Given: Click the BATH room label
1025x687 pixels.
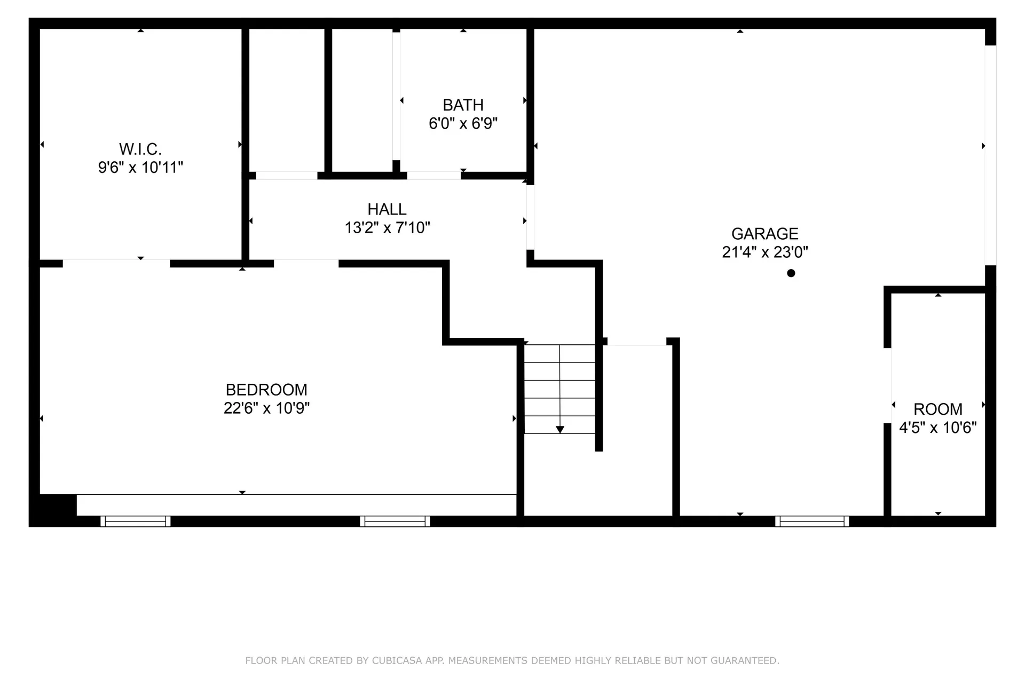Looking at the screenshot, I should tap(463, 105).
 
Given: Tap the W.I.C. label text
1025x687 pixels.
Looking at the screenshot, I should tap(140, 149).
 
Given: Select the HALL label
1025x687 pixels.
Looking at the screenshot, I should tap(387, 209).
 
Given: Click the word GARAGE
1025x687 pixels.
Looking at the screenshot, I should tap(764, 234).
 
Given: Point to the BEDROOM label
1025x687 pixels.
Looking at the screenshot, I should tap(266, 390).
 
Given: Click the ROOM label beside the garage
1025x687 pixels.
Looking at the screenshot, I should tap(938, 409).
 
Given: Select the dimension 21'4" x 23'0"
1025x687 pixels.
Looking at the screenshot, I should tap(764, 252).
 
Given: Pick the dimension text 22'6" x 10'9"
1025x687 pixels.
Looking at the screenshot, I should tap(266, 408).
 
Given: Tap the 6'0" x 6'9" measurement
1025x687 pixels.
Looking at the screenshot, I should tap(463, 124).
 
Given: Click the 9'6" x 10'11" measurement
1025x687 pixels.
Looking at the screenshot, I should tap(140, 168).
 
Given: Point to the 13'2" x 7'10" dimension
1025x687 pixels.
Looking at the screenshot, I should tap(387, 228).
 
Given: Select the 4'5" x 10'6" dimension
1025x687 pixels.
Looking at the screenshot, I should tap(938, 428).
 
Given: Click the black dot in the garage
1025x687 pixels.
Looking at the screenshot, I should tap(791, 273).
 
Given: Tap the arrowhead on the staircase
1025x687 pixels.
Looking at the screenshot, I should tap(560, 429).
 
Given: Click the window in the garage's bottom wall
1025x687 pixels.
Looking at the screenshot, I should tap(812, 521).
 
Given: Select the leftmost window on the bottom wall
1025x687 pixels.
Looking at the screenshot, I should tap(136, 521).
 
